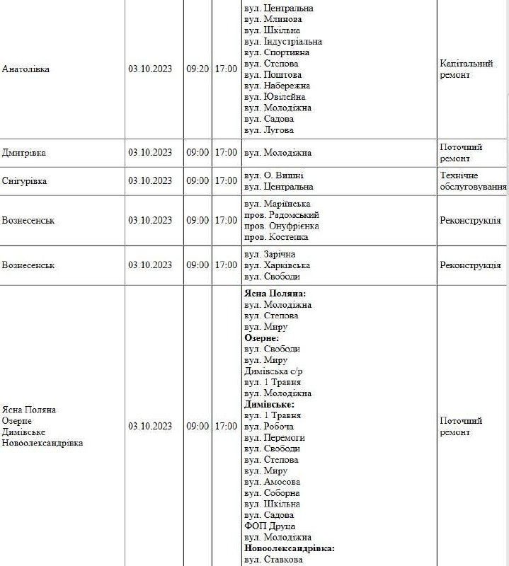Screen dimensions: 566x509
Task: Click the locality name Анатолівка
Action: click(x=26, y=69)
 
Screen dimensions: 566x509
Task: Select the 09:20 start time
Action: click(x=198, y=69)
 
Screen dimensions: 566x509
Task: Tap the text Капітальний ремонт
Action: click(x=466, y=69)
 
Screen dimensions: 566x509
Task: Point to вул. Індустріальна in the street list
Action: click(x=282, y=42)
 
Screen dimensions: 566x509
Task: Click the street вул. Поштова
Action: click(x=273, y=75)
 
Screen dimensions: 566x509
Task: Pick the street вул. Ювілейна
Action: click(x=275, y=97)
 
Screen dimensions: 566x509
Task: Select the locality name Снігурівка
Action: click(x=25, y=181)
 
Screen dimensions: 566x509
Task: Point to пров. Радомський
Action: click(x=281, y=215)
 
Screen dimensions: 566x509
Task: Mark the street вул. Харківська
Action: click(x=277, y=265)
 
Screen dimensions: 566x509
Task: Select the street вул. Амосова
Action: click(x=273, y=482)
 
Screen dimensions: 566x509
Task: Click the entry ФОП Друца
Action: click(x=269, y=526)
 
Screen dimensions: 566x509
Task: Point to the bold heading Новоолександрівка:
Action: click(x=289, y=548)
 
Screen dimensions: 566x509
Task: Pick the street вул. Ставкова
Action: click(x=274, y=560)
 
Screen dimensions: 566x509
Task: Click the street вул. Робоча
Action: click(x=269, y=427)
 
